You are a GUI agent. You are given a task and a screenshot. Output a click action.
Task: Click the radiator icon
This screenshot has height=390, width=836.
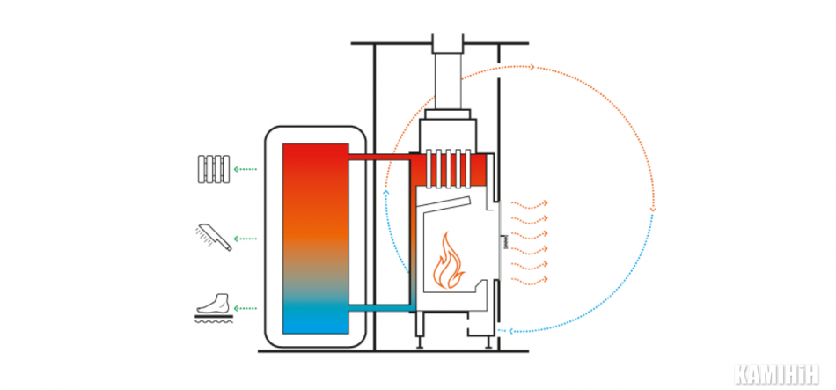[x=214, y=169]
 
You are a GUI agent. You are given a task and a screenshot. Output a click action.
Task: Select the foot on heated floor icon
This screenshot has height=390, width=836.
[x=214, y=307]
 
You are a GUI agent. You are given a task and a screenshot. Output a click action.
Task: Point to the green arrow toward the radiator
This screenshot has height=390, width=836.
[x=246, y=170]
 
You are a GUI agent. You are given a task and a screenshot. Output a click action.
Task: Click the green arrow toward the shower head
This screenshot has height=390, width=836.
[x=246, y=239]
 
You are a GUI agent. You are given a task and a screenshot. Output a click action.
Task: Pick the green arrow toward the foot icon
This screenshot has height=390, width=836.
[x=246, y=308]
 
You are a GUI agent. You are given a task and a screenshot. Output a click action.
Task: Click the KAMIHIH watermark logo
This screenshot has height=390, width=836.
[x=776, y=374]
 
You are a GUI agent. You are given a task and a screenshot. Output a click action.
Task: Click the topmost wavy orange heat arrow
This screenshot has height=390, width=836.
[x=530, y=203]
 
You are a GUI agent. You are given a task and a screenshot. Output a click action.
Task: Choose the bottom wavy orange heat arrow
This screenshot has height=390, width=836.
[x=530, y=279]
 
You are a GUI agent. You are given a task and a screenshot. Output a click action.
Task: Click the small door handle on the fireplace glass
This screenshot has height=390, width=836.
[x=505, y=242]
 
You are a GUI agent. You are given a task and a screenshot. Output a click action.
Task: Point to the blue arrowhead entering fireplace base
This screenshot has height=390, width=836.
[x=510, y=331]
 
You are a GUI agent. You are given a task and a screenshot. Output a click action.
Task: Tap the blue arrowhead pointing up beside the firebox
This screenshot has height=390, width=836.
[x=386, y=192]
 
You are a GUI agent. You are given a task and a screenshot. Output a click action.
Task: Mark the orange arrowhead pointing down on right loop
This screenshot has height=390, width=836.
[x=653, y=210]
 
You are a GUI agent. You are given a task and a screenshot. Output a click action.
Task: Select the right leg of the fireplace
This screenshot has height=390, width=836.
[x=488, y=342]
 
